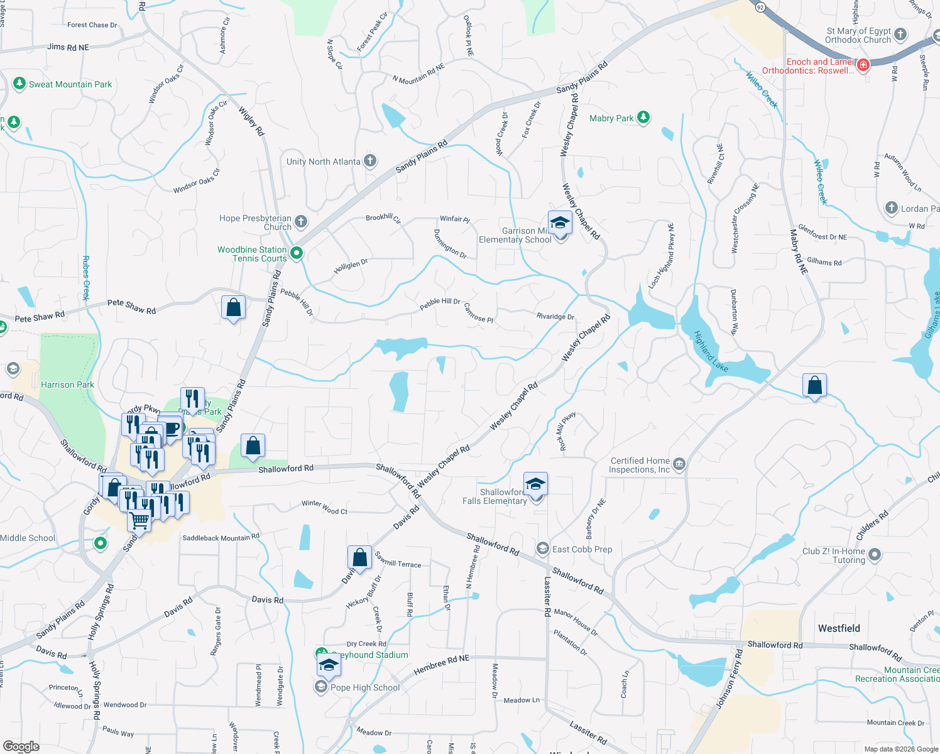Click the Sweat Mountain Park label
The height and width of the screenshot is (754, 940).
pyautogui.click(x=70, y=84)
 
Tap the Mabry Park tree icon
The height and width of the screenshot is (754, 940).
pyautogui.click(x=643, y=117)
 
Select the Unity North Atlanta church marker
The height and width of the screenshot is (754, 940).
pyautogui.click(x=370, y=161)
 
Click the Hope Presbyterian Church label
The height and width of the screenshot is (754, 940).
pyautogui.click(x=256, y=222)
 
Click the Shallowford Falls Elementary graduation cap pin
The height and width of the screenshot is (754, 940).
pyautogui.click(x=535, y=484)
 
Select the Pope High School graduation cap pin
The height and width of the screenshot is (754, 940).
pyautogui.click(x=329, y=665)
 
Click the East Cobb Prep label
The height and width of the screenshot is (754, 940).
pyautogui.click(x=582, y=549)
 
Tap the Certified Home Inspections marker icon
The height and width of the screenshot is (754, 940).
pyautogui.click(x=679, y=465)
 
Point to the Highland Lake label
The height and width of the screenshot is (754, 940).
pyautogui.click(x=711, y=351)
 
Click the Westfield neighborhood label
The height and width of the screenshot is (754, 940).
pyautogui.click(x=839, y=628)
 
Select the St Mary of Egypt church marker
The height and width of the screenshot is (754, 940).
pyautogui.click(x=900, y=35)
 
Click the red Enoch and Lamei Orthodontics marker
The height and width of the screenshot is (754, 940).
pyautogui.click(x=863, y=65)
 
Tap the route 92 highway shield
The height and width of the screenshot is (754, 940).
pyautogui.click(x=760, y=7)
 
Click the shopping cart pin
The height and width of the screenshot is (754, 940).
pyautogui.click(x=139, y=520)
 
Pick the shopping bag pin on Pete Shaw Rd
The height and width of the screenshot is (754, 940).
pyautogui.click(x=233, y=308)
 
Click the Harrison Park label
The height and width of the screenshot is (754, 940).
pyautogui.click(x=67, y=385)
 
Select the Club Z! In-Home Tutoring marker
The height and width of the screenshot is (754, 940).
pyautogui.click(x=875, y=555)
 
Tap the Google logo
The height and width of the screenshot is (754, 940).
pyautogui.click(x=21, y=746)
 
